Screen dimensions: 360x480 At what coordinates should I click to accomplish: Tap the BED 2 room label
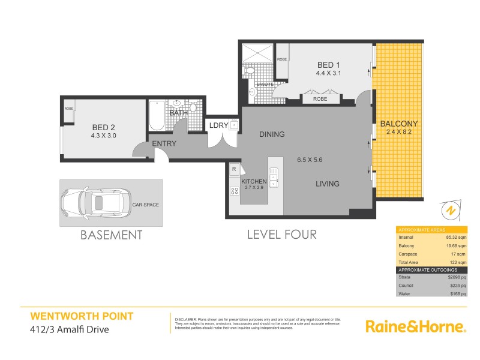[103, 127]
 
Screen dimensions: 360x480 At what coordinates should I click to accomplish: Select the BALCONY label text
[399, 124]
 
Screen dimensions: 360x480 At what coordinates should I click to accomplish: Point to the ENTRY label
[164, 143]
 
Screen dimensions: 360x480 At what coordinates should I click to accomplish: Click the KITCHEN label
[253, 181]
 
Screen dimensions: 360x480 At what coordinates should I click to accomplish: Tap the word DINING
[272, 134]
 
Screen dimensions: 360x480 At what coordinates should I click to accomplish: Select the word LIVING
[328, 184]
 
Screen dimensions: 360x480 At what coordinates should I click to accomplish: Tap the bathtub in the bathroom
[156, 115]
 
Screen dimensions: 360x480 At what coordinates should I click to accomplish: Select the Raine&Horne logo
[415, 326]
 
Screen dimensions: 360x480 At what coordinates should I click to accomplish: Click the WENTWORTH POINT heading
[82, 316]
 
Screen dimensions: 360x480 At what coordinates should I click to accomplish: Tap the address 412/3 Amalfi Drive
[70, 328]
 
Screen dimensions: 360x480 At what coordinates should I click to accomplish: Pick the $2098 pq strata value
[456, 278]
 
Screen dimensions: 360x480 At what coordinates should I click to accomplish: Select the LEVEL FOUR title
[281, 235]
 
